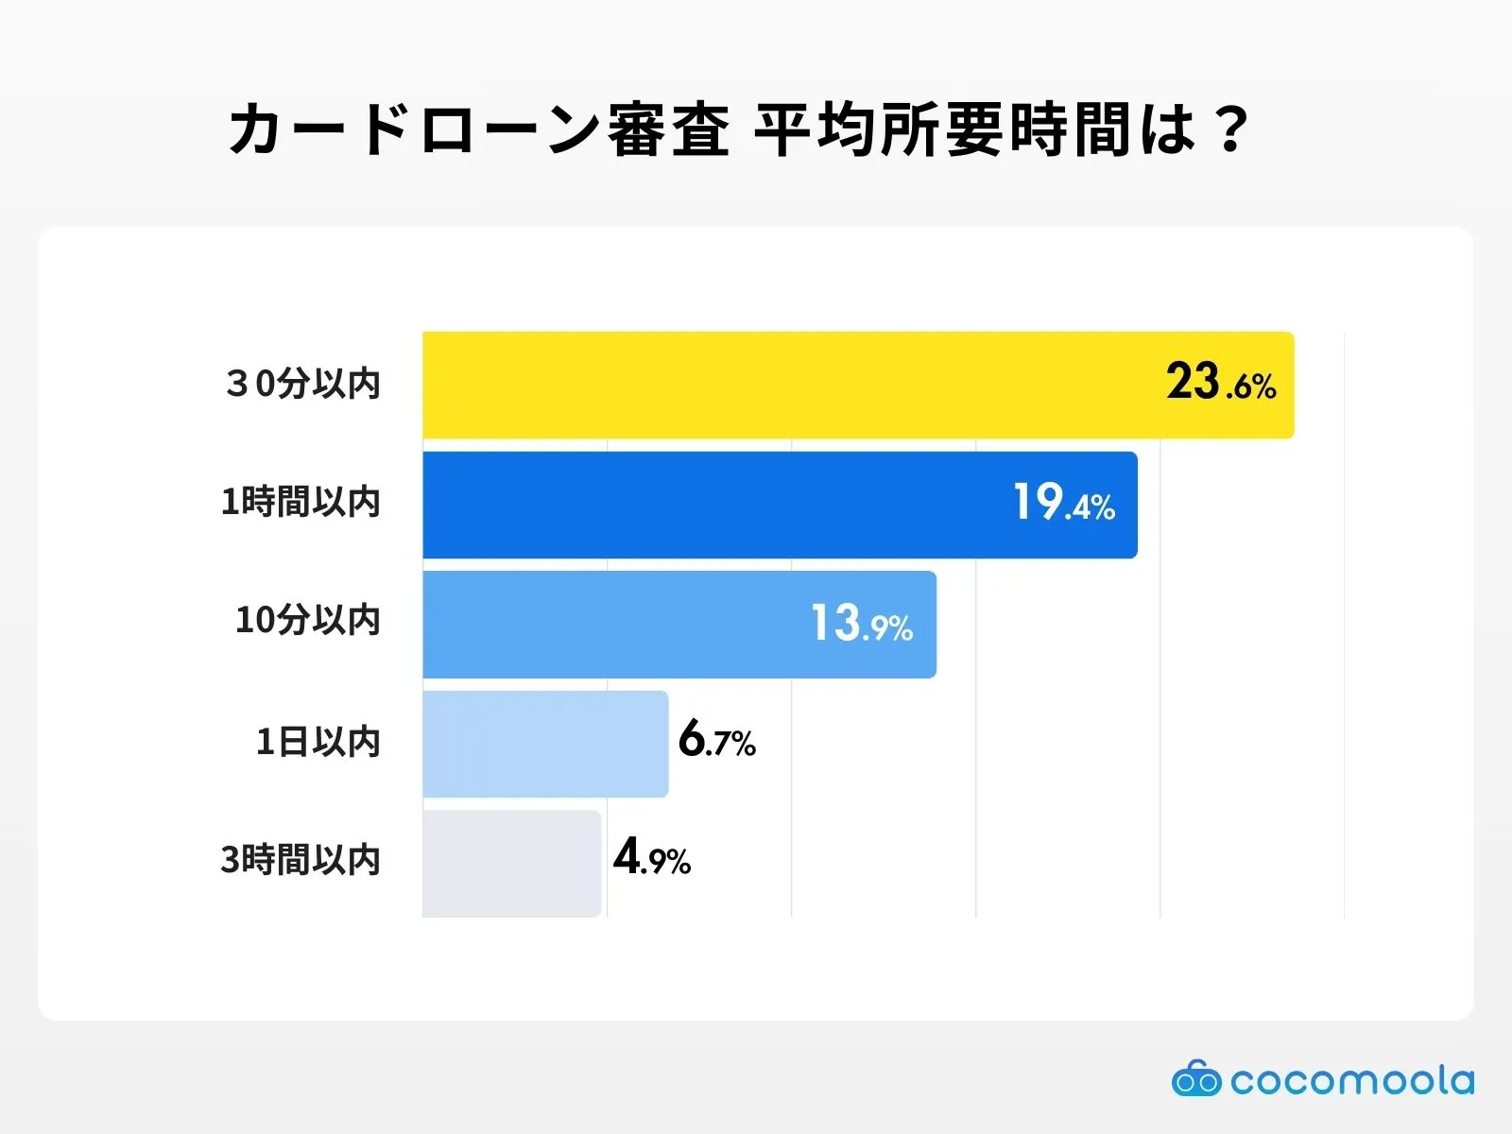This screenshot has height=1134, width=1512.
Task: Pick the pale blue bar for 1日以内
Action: [x=545, y=744]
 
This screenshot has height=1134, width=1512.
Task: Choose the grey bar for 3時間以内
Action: [x=511, y=863]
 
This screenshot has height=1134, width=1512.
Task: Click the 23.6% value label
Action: [x=1220, y=384]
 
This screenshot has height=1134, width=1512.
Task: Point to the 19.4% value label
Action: [x=1063, y=503]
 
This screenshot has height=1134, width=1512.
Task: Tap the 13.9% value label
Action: [x=861, y=624]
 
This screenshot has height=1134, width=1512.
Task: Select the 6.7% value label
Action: [x=716, y=740]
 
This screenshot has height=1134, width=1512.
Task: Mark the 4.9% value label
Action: [x=651, y=858]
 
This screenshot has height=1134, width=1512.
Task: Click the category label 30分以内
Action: [x=302, y=384]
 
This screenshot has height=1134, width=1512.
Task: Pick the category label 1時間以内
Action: [x=301, y=502]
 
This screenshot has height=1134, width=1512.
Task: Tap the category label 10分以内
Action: [x=307, y=621]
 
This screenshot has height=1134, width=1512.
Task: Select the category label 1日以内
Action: [x=318, y=742]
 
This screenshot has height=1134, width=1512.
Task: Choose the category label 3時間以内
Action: [x=301, y=860]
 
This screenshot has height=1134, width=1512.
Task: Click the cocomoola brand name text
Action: [x=1351, y=1080]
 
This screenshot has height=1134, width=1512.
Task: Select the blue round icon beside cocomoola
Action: [x=1196, y=1078]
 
